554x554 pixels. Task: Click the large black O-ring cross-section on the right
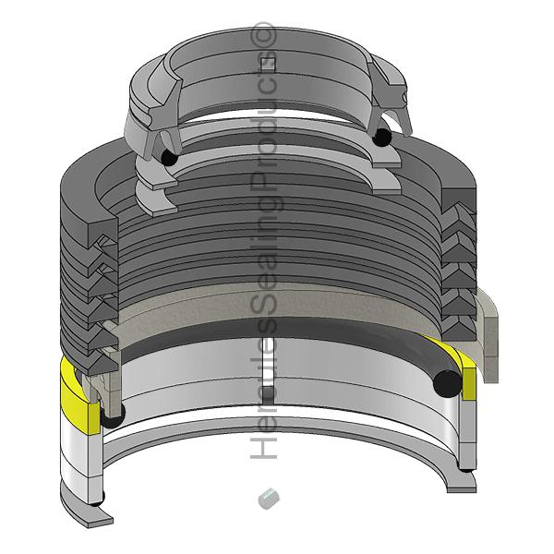(447, 384)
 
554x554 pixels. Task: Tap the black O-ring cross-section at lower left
(113, 415)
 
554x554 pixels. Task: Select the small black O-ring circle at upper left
(169, 158)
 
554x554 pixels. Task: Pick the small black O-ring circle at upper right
(382, 137)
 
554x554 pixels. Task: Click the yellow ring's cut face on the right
(469, 383)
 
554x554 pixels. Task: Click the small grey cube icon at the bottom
(269, 499)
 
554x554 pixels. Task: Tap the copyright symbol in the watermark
(262, 35)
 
